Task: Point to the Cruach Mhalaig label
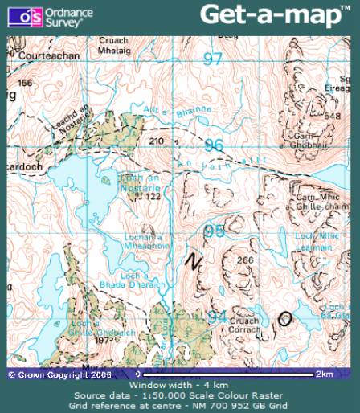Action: coord(114,45)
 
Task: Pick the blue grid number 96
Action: coord(213,145)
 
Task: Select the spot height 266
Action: coord(245,260)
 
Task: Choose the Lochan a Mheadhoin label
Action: coord(145,243)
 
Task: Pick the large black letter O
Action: coord(284,319)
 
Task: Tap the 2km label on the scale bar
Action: coord(323,374)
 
